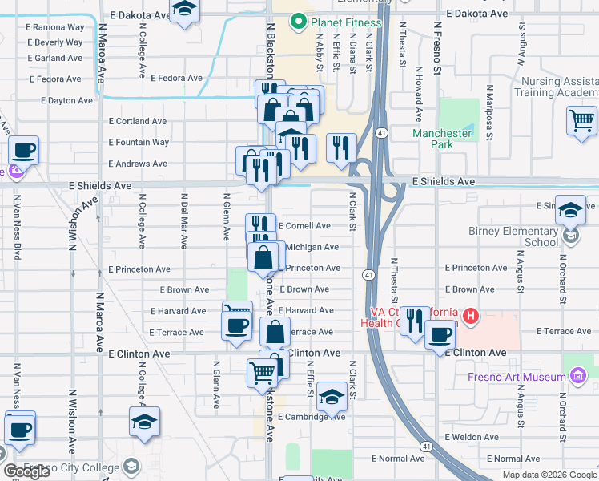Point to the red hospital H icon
pyautogui.click(x=470, y=316)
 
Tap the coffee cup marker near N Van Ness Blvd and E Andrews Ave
pyautogui.click(x=22, y=150)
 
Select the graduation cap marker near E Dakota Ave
pyautogui.click(x=185, y=10)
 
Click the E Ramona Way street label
pyautogui.click(x=55, y=26)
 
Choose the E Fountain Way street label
pyautogui.click(x=139, y=142)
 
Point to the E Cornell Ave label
pyautogui.click(x=304, y=226)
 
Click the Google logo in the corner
pyautogui.click(x=26, y=471)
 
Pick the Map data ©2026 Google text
pyautogui.click(x=549, y=475)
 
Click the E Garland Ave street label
pyautogui.click(x=54, y=58)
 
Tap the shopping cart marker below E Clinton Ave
pyautogui.click(x=263, y=373)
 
